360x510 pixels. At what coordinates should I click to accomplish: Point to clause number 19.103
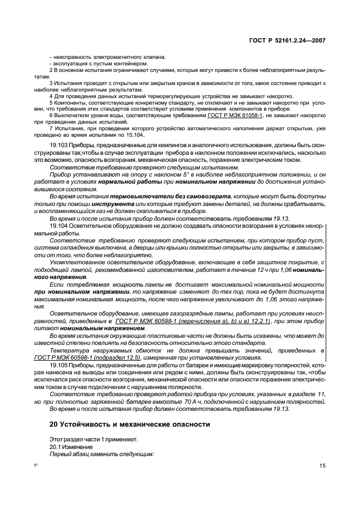pos(58,144)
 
